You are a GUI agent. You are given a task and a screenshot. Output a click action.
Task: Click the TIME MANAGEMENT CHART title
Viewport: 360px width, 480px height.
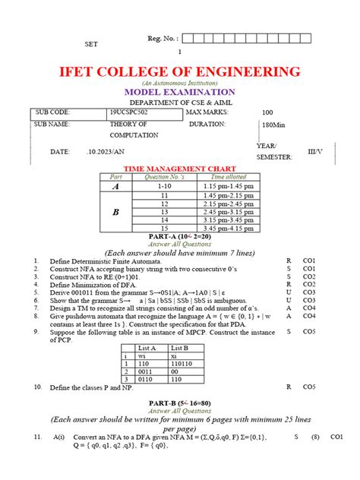[180, 168]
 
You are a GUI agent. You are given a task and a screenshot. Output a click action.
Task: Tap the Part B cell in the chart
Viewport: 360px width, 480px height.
[116, 213]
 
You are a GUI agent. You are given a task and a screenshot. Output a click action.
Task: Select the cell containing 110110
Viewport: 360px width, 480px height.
[201, 363]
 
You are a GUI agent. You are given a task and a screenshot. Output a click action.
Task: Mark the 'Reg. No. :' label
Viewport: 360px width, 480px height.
[162, 39]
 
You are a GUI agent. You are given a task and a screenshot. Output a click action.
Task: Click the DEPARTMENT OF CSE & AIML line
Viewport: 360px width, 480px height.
[180, 102]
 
